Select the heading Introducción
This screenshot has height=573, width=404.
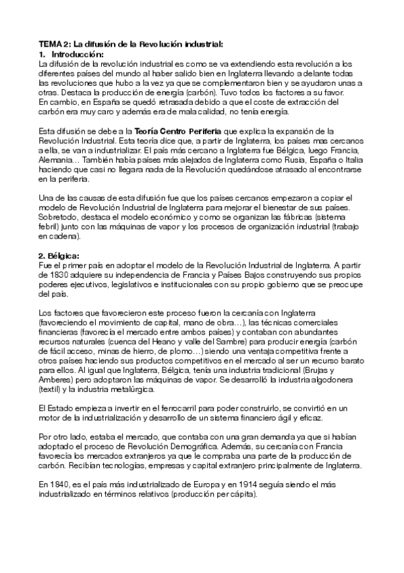pyautogui.click(x=78, y=53)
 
